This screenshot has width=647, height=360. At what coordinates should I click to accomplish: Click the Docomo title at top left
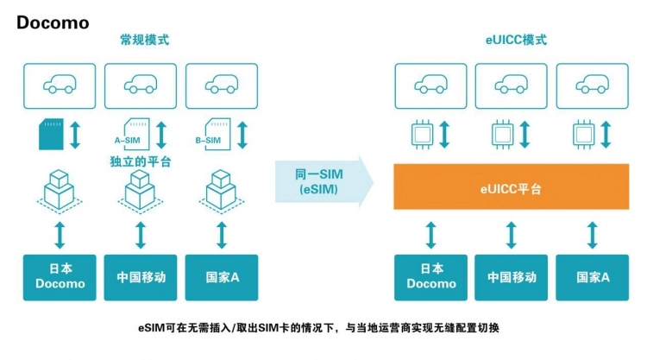[x=53, y=23]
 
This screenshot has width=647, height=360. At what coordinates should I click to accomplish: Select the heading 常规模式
[x=143, y=40]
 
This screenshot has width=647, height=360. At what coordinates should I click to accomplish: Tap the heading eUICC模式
[x=517, y=40]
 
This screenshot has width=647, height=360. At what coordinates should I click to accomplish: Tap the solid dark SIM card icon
[x=52, y=136]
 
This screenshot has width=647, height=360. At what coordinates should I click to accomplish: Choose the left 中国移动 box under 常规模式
[x=141, y=277]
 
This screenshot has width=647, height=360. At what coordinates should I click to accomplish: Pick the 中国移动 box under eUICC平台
[x=512, y=277]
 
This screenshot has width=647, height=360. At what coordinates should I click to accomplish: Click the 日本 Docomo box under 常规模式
[x=60, y=277]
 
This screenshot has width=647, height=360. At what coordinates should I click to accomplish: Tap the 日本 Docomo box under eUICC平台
[x=431, y=277]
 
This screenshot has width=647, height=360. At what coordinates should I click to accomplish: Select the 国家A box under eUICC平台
[x=593, y=277]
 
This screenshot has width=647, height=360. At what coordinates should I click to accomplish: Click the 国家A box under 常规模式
[x=222, y=277]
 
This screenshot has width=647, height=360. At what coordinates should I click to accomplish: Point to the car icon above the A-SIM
[x=141, y=85]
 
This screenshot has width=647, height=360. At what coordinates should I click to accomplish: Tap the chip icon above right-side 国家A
[x=583, y=135]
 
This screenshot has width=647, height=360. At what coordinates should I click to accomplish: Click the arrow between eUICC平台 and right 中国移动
[x=512, y=233]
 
